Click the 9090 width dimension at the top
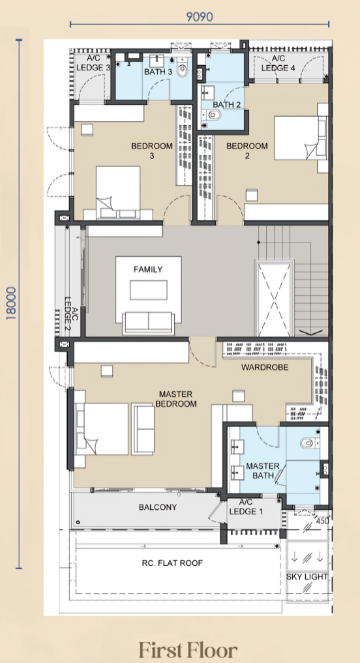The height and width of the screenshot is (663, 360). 200,17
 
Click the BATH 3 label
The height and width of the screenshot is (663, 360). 158,72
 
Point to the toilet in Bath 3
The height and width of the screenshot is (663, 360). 183,70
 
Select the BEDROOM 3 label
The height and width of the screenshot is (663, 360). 152,151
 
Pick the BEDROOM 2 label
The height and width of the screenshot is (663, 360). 247,151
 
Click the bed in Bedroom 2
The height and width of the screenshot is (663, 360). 301,138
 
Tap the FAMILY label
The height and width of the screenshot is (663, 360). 148,269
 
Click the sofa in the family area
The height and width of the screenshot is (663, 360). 149,323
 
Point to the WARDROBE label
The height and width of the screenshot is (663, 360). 265,368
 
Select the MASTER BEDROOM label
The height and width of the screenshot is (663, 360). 176,399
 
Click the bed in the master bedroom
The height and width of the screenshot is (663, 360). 102,429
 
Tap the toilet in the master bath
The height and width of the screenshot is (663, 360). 310,443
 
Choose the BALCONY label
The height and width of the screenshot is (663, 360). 158,507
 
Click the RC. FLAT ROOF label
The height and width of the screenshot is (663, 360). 172,563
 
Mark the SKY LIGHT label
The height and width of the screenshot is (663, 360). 307,577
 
